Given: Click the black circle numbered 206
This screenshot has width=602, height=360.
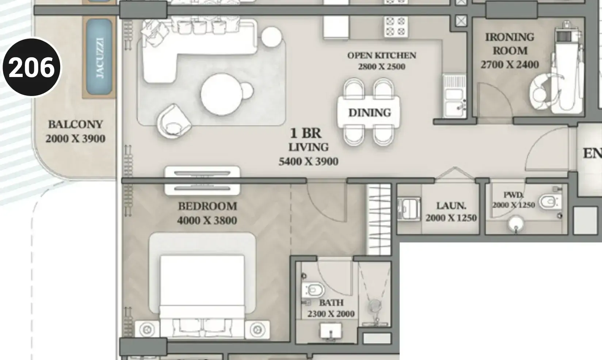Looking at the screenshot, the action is pos(32,67).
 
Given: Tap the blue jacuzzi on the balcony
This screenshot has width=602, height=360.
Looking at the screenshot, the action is pos(99,57).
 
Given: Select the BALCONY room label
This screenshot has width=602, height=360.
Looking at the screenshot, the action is pos(76,125).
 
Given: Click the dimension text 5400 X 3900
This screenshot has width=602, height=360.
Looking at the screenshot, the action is pos(309,161).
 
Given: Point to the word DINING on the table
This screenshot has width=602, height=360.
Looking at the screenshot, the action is pos(370,112).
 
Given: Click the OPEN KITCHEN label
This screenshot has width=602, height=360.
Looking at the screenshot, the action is pos(382,55).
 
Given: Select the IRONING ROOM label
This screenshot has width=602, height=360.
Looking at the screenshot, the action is pos(510,44).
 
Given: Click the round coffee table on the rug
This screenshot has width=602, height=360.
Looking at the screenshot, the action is pos(222,95).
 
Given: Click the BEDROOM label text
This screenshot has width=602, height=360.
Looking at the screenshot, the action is pos(207,206).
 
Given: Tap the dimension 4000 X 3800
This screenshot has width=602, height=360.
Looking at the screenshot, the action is pos(207,220).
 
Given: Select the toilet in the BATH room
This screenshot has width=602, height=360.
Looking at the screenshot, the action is pos(313,290).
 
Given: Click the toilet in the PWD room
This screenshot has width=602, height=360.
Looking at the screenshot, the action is pos(550,202).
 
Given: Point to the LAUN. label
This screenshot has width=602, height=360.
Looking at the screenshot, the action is pos(451,206).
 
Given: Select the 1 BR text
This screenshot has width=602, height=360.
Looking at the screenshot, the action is pos(306,133).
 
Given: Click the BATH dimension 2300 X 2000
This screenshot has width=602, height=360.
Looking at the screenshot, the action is pos(331,314).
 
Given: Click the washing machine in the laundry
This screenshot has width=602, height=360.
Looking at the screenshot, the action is pos(409,209).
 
